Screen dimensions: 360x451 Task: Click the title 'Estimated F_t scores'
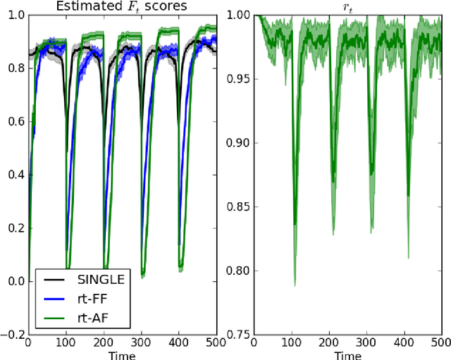pyautogui.click(x=121, y=6)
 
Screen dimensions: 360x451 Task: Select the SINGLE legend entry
pyautogui.click(x=101, y=280)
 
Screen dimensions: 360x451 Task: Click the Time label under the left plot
pyautogui.click(x=121, y=355)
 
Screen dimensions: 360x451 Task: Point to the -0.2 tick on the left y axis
pyautogui.click(x=12, y=335)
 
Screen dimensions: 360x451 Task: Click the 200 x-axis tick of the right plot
pyautogui.click(x=328, y=343)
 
